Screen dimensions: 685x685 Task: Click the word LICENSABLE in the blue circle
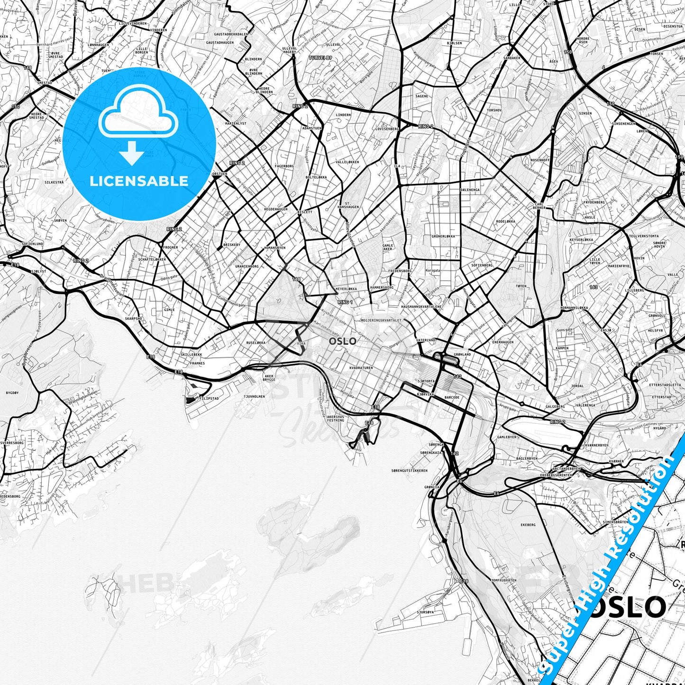[139, 181]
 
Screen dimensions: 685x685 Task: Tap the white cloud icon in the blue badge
[138, 116]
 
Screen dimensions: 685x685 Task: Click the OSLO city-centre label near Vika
[342, 341]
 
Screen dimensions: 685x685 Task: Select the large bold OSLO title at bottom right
[625, 607]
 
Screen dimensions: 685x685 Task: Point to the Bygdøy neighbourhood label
[12, 393]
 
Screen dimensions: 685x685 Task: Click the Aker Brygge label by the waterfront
[269, 378]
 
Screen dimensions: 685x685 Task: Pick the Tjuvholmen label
[254, 396]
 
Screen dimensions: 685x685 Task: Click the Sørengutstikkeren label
[410, 471]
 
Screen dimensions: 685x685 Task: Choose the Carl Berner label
[539, 206]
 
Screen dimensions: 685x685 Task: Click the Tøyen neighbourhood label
[521, 286]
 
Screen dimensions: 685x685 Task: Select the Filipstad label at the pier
[209, 399]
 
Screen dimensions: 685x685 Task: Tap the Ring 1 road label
[345, 302]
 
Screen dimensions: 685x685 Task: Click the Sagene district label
[421, 96]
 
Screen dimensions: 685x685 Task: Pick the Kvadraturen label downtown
[361, 367]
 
